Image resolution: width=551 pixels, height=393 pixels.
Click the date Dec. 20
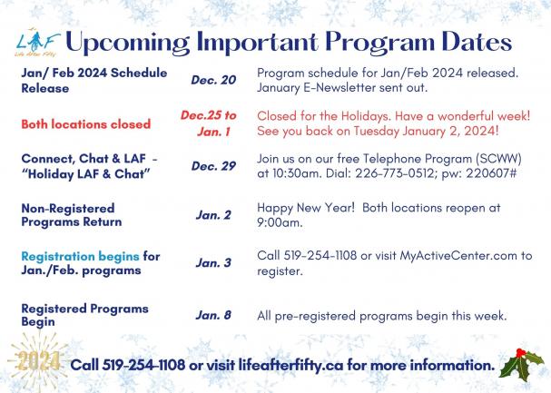point(213,81)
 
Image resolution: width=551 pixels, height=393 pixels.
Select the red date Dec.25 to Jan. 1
point(210,123)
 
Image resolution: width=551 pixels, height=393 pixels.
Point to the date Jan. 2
point(213,215)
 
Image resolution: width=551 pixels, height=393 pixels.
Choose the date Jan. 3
point(213,263)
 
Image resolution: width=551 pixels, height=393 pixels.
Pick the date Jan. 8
point(213,315)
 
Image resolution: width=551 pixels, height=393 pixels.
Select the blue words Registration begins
point(80,257)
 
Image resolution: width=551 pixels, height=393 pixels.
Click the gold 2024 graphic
point(39,361)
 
